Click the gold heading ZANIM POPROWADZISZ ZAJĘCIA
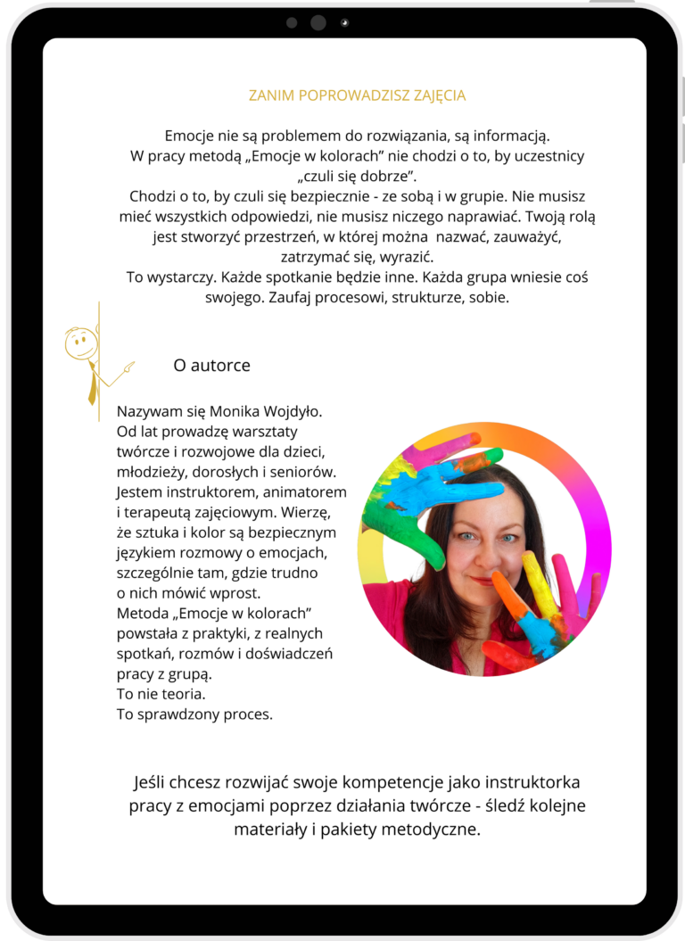click(x=357, y=95)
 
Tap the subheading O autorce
click(x=211, y=365)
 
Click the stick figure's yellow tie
click(x=92, y=385)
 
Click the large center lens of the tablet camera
click(x=318, y=22)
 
